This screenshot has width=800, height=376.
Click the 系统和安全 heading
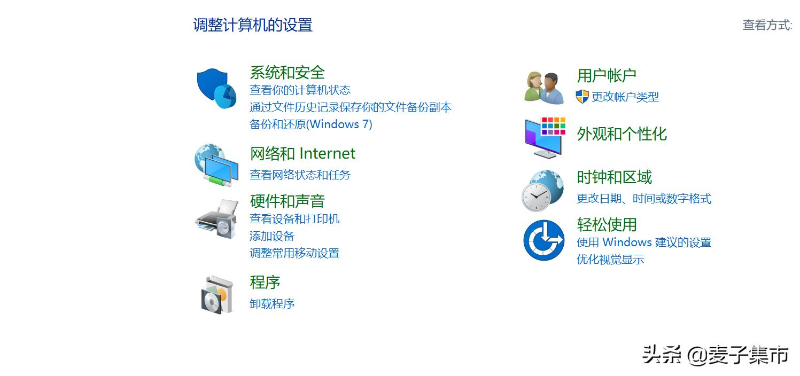(287, 72)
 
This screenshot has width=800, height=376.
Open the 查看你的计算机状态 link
(300, 90)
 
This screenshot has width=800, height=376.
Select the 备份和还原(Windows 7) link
(310, 124)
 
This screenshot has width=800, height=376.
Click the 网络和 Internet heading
(302, 154)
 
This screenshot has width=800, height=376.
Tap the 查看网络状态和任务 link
(300, 175)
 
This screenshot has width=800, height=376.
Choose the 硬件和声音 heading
(287, 201)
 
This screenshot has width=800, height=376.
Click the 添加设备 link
(272, 236)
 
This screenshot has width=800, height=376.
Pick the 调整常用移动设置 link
(294, 253)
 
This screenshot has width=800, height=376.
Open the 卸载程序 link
(272, 304)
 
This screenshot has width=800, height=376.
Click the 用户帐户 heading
(607, 75)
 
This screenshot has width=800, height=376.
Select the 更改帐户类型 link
(625, 97)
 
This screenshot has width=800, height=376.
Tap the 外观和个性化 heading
(622, 134)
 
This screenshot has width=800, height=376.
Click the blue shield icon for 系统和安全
(216, 88)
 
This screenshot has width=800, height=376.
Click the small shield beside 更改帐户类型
(582, 97)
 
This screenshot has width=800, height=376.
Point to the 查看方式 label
(767, 25)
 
